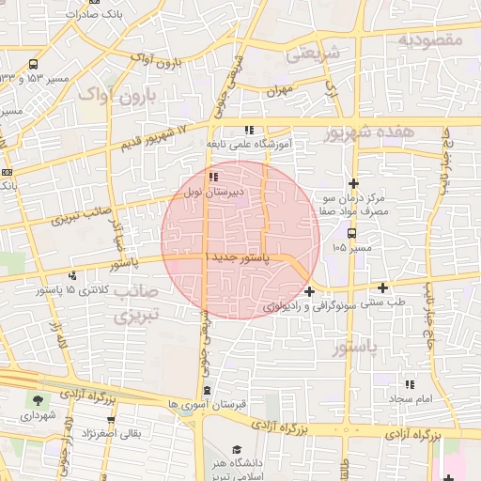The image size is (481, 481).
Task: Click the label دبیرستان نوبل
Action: click(218, 191)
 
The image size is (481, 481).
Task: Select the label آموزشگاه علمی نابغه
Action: click(249, 145)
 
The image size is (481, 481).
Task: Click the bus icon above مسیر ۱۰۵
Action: click(351, 232)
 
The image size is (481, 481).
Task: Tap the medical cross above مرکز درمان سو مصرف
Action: click(353, 183)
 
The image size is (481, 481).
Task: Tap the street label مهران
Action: click(280, 90)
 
